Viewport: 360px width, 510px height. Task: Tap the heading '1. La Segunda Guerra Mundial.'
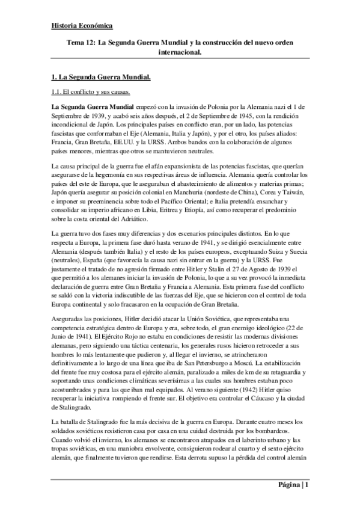pos(100,78)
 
